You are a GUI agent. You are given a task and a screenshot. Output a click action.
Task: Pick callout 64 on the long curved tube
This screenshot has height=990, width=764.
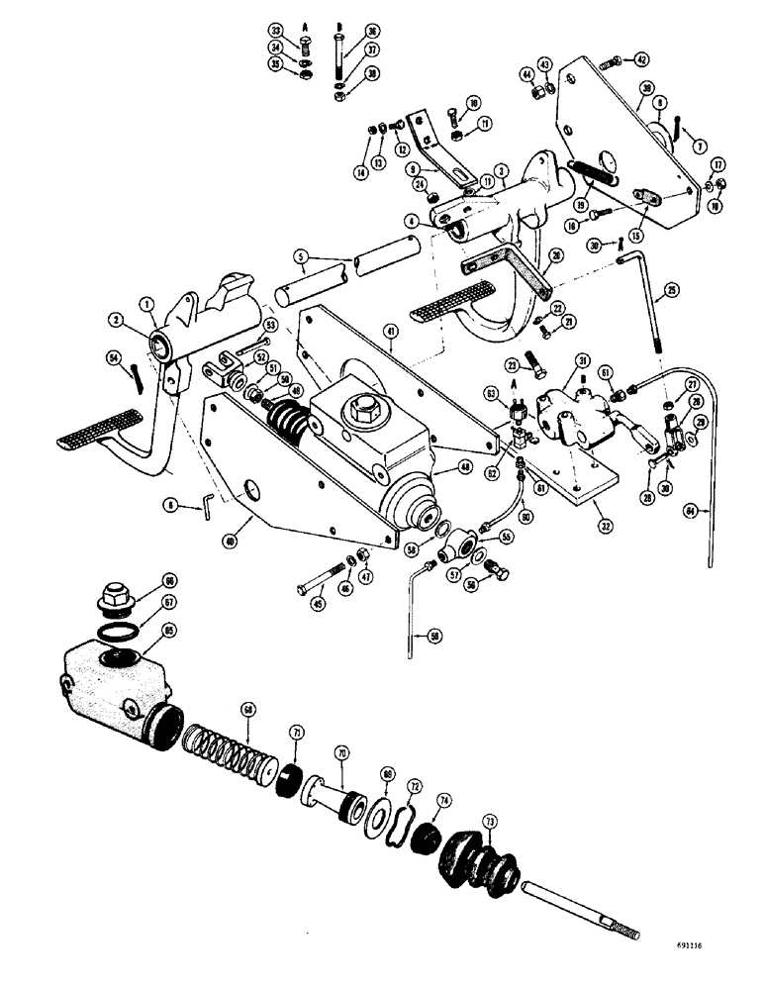pyautogui.click(x=705, y=511)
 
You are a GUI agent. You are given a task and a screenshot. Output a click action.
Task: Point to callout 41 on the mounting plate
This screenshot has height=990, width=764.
pyautogui.click(x=393, y=347)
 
